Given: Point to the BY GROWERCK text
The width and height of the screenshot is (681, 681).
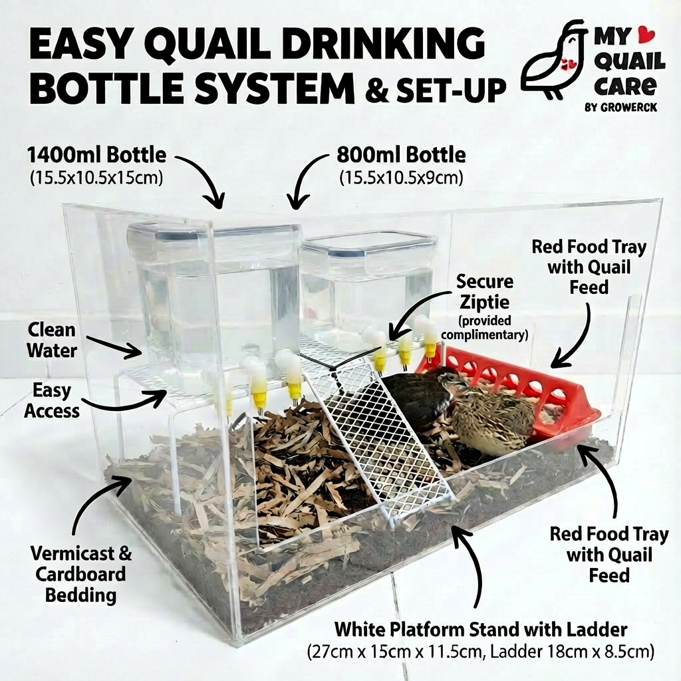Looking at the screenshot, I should (x=620, y=107).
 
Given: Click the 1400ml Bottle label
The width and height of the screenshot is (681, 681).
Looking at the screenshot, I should (x=96, y=155).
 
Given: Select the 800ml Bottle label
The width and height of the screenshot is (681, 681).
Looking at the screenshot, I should (x=401, y=155).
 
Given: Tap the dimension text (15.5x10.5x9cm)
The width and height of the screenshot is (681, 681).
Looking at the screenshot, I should (x=401, y=178).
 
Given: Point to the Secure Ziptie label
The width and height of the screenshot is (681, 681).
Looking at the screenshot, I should (x=483, y=292).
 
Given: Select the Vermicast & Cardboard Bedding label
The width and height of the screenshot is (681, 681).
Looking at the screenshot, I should (x=80, y=574).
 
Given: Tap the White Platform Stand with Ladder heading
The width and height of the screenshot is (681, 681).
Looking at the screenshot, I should (x=480, y=628).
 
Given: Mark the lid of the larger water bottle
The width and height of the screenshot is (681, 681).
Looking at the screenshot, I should (x=213, y=233).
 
